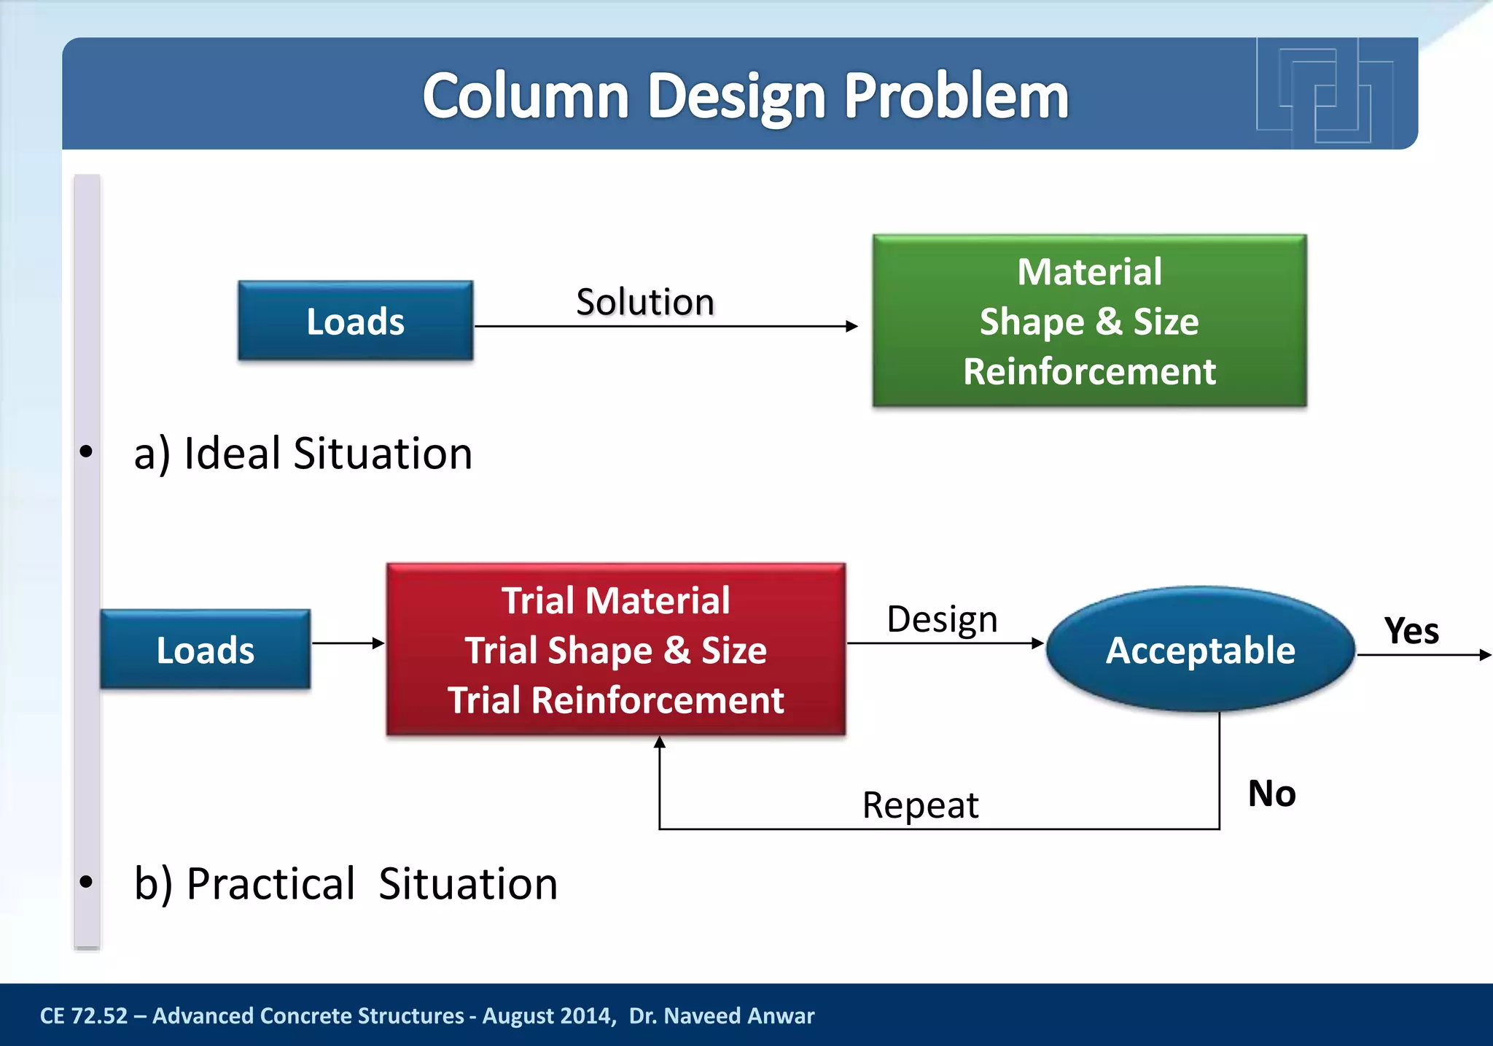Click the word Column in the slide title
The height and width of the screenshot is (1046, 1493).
click(525, 96)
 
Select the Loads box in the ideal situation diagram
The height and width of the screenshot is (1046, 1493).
click(355, 321)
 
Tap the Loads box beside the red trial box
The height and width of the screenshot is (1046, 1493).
click(205, 649)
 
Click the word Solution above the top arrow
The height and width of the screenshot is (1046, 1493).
click(644, 302)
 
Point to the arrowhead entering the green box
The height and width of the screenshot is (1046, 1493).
click(851, 326)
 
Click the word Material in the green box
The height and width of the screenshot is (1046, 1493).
click(1089, 272)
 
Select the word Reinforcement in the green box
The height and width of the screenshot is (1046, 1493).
click(1089, 371)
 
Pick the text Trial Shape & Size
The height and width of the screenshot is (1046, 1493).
click(616, 650)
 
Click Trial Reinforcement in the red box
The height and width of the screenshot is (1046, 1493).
click(616, 700)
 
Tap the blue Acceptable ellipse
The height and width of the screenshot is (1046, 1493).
click(1200, 649)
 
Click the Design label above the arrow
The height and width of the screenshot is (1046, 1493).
click(942, 619)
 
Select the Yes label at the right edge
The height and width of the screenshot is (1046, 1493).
click(1411, 631)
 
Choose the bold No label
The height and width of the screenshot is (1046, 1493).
click(1271, 793)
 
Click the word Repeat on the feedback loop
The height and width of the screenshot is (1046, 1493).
click(920, 805)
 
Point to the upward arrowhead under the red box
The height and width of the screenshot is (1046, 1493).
click(660, 743)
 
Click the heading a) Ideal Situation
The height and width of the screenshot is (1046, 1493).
click(303, 453)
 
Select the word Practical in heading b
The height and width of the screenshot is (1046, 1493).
click(270, 883)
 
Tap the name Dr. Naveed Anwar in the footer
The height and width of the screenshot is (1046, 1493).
click(721, 1015)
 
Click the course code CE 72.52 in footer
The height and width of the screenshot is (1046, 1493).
click(83, 1015)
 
